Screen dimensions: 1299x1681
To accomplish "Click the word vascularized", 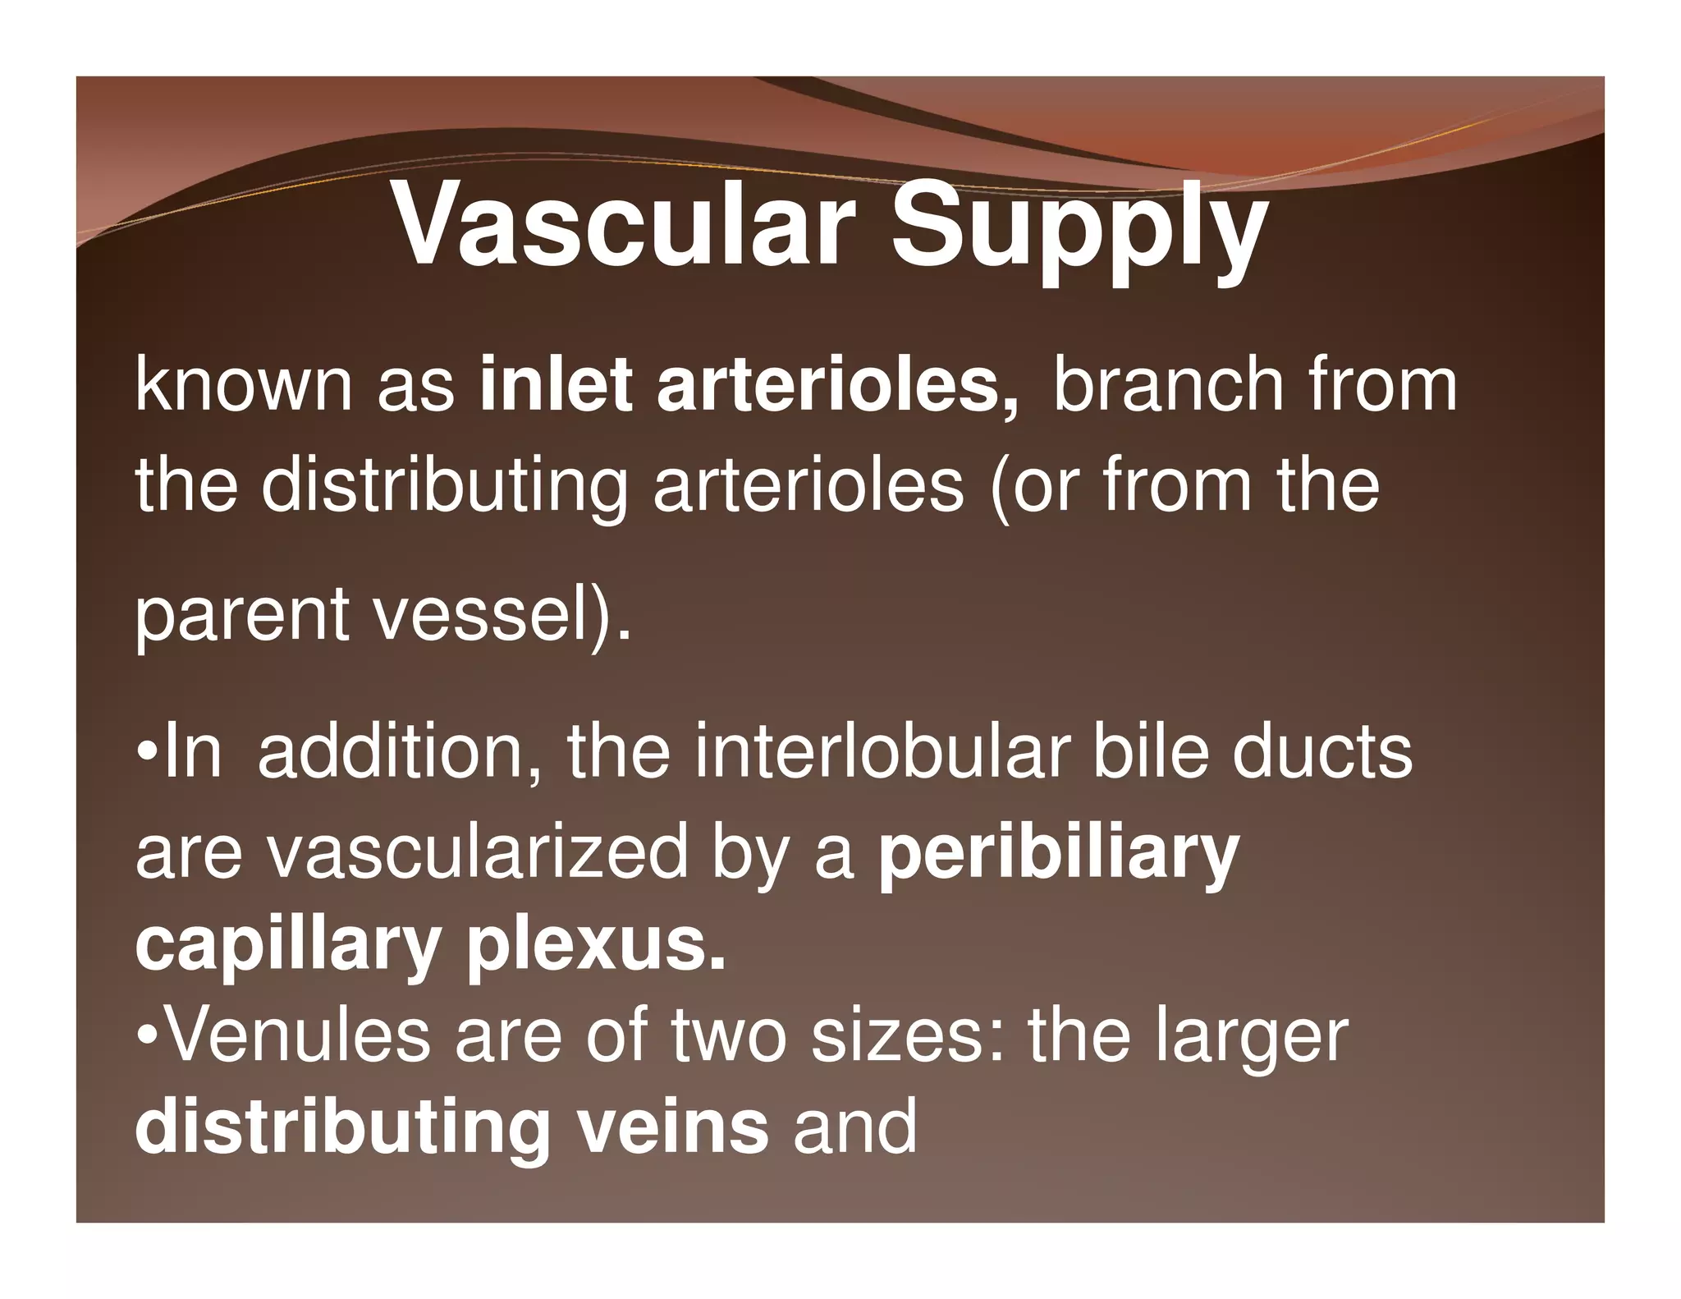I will (477, 852).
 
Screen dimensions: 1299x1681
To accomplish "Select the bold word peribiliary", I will (1058, 854).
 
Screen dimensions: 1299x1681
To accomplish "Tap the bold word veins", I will (672, 1127).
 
